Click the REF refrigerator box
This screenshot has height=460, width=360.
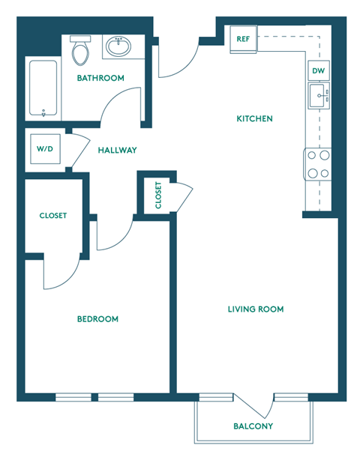(x=243, y=39)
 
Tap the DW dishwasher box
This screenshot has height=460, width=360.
(x=318, y=70)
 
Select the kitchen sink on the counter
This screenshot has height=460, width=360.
(x=318, y=96)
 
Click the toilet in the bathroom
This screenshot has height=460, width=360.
(x=80, y=51)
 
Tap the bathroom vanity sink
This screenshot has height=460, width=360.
(x=118, y=46)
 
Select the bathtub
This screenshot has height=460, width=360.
(x=43, y=88)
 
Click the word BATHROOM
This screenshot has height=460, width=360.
(x=100, y=78)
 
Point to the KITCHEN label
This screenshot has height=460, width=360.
(x=254, y=118)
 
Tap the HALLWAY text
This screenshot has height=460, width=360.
(x=118, y=150)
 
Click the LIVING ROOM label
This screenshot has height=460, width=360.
(x=256, y=309)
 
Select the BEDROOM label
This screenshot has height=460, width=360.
(x=97, y=319)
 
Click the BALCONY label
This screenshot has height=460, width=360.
(x=252, y=426)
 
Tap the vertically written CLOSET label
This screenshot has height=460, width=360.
(x=158, y=195)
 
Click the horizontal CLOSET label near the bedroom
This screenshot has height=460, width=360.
(x=53, y=216)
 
